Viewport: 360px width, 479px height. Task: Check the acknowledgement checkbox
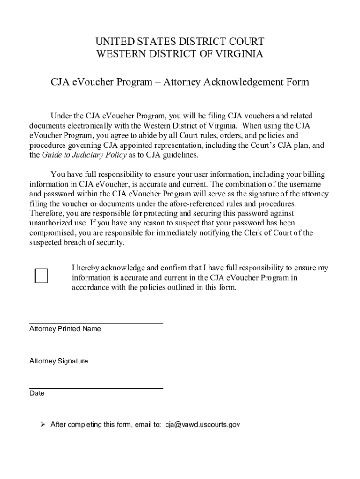[x=41, y=276]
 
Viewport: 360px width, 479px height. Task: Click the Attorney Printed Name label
[x=65, y=329]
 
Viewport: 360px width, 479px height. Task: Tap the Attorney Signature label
[x=58, y=361]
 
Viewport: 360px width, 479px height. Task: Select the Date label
[x=37, y=393]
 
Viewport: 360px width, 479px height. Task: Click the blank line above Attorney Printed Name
[x=96, y=323]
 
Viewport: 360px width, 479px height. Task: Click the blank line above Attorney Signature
[x=96, y=356]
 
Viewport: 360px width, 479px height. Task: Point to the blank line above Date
[x=96, y=388]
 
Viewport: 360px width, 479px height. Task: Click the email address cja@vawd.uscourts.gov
[x=202, y=425]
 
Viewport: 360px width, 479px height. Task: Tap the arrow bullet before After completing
[x=42, y=425]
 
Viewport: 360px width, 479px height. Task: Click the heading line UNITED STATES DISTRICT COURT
[x=180, y=42]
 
